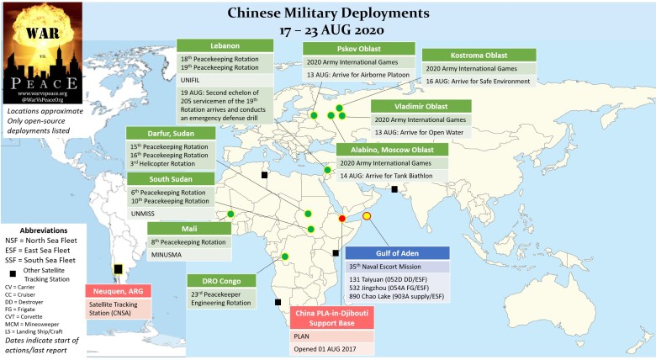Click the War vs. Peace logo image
coord(43,52)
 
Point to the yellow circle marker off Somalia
coord(366,217)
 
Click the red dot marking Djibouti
coord(342,218)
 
